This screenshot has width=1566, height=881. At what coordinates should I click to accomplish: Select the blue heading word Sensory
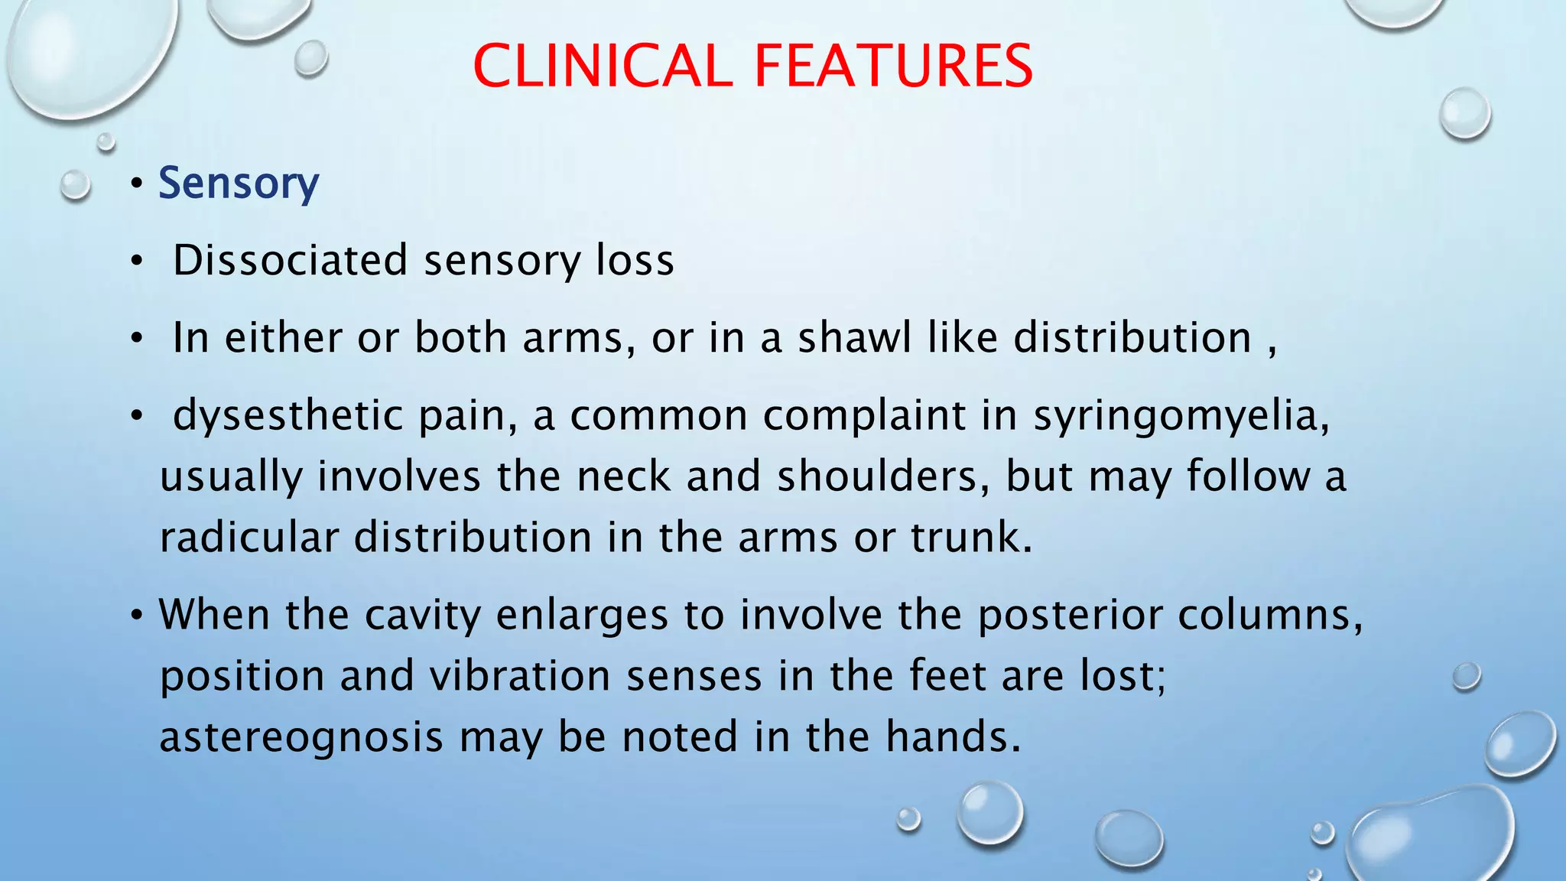click(x=239, y=184)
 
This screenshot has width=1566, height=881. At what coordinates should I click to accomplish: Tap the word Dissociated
click(x=291, y=260)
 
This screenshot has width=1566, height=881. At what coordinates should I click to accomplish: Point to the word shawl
click(x=855, y=337)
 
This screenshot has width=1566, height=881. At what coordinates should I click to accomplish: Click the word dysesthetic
click(x=288, y=416)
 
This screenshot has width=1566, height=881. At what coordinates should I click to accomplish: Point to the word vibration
click(x=519, y=676)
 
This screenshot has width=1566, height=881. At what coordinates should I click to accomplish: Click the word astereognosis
click(x=301, y=738)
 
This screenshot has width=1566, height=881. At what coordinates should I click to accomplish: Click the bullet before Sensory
click(x=136, y=184)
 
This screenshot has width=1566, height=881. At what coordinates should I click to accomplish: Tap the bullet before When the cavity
click(x=136, y=615)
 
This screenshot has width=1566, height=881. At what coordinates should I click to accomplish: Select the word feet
click(x=948, y=676)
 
